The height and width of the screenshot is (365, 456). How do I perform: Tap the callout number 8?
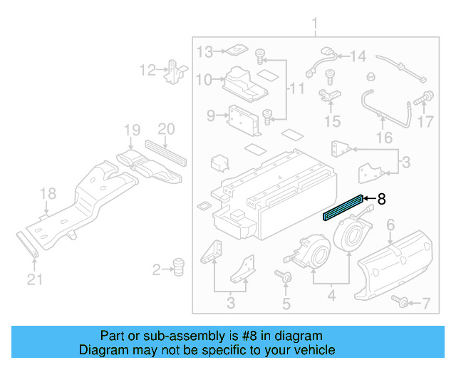[x=381, y=199]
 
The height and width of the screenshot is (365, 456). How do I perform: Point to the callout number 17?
[x=425, y=122]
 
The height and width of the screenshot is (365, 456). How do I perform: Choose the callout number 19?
[x=131, y=130]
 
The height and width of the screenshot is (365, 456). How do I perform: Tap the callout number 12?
[x=147, y=70]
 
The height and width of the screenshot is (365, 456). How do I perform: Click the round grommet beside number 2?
[x=178, y=268]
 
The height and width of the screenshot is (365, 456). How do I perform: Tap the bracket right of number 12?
[x=174, y=71]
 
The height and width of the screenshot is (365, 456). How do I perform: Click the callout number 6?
[x=390, y=225]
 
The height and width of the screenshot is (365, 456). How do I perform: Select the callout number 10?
[x=204, y=80]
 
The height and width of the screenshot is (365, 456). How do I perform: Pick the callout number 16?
[x=384, y=138]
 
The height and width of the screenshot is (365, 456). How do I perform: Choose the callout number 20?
[x=165, y=129]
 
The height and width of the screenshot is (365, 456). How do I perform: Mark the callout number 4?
[x=331, y=292]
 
